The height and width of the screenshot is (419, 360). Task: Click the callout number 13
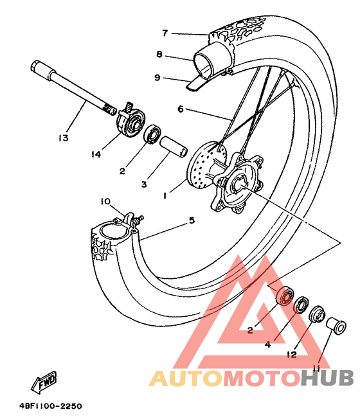coord(64,138)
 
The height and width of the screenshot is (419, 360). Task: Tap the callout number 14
coord(96,154)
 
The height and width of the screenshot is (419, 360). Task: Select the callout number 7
coord(165,33)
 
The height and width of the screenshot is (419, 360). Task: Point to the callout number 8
coord(159,55)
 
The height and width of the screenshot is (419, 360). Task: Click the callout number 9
coord(157,78)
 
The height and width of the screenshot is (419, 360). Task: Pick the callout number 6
coord(181,109)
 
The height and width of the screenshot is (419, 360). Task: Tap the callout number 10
coord(105,201)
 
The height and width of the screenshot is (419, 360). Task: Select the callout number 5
coord(192,220)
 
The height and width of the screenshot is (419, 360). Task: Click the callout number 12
coord(292,355)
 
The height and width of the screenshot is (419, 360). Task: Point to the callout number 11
coord(317,368)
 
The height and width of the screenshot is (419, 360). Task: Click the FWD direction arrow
coord(44,382)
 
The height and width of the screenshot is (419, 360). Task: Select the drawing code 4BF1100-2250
coord(51,406)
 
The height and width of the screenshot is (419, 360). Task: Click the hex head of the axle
coord(35,67)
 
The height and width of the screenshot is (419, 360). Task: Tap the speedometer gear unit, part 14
coord(131,120)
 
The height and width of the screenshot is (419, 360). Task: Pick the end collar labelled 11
coord(337,325)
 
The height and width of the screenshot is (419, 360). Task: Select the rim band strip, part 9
coord(198,83)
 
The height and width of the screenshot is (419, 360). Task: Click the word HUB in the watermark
coord(327,378)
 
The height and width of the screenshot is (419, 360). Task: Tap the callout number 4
coord(267,344)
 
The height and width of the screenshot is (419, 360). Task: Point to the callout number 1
coord(165,196)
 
